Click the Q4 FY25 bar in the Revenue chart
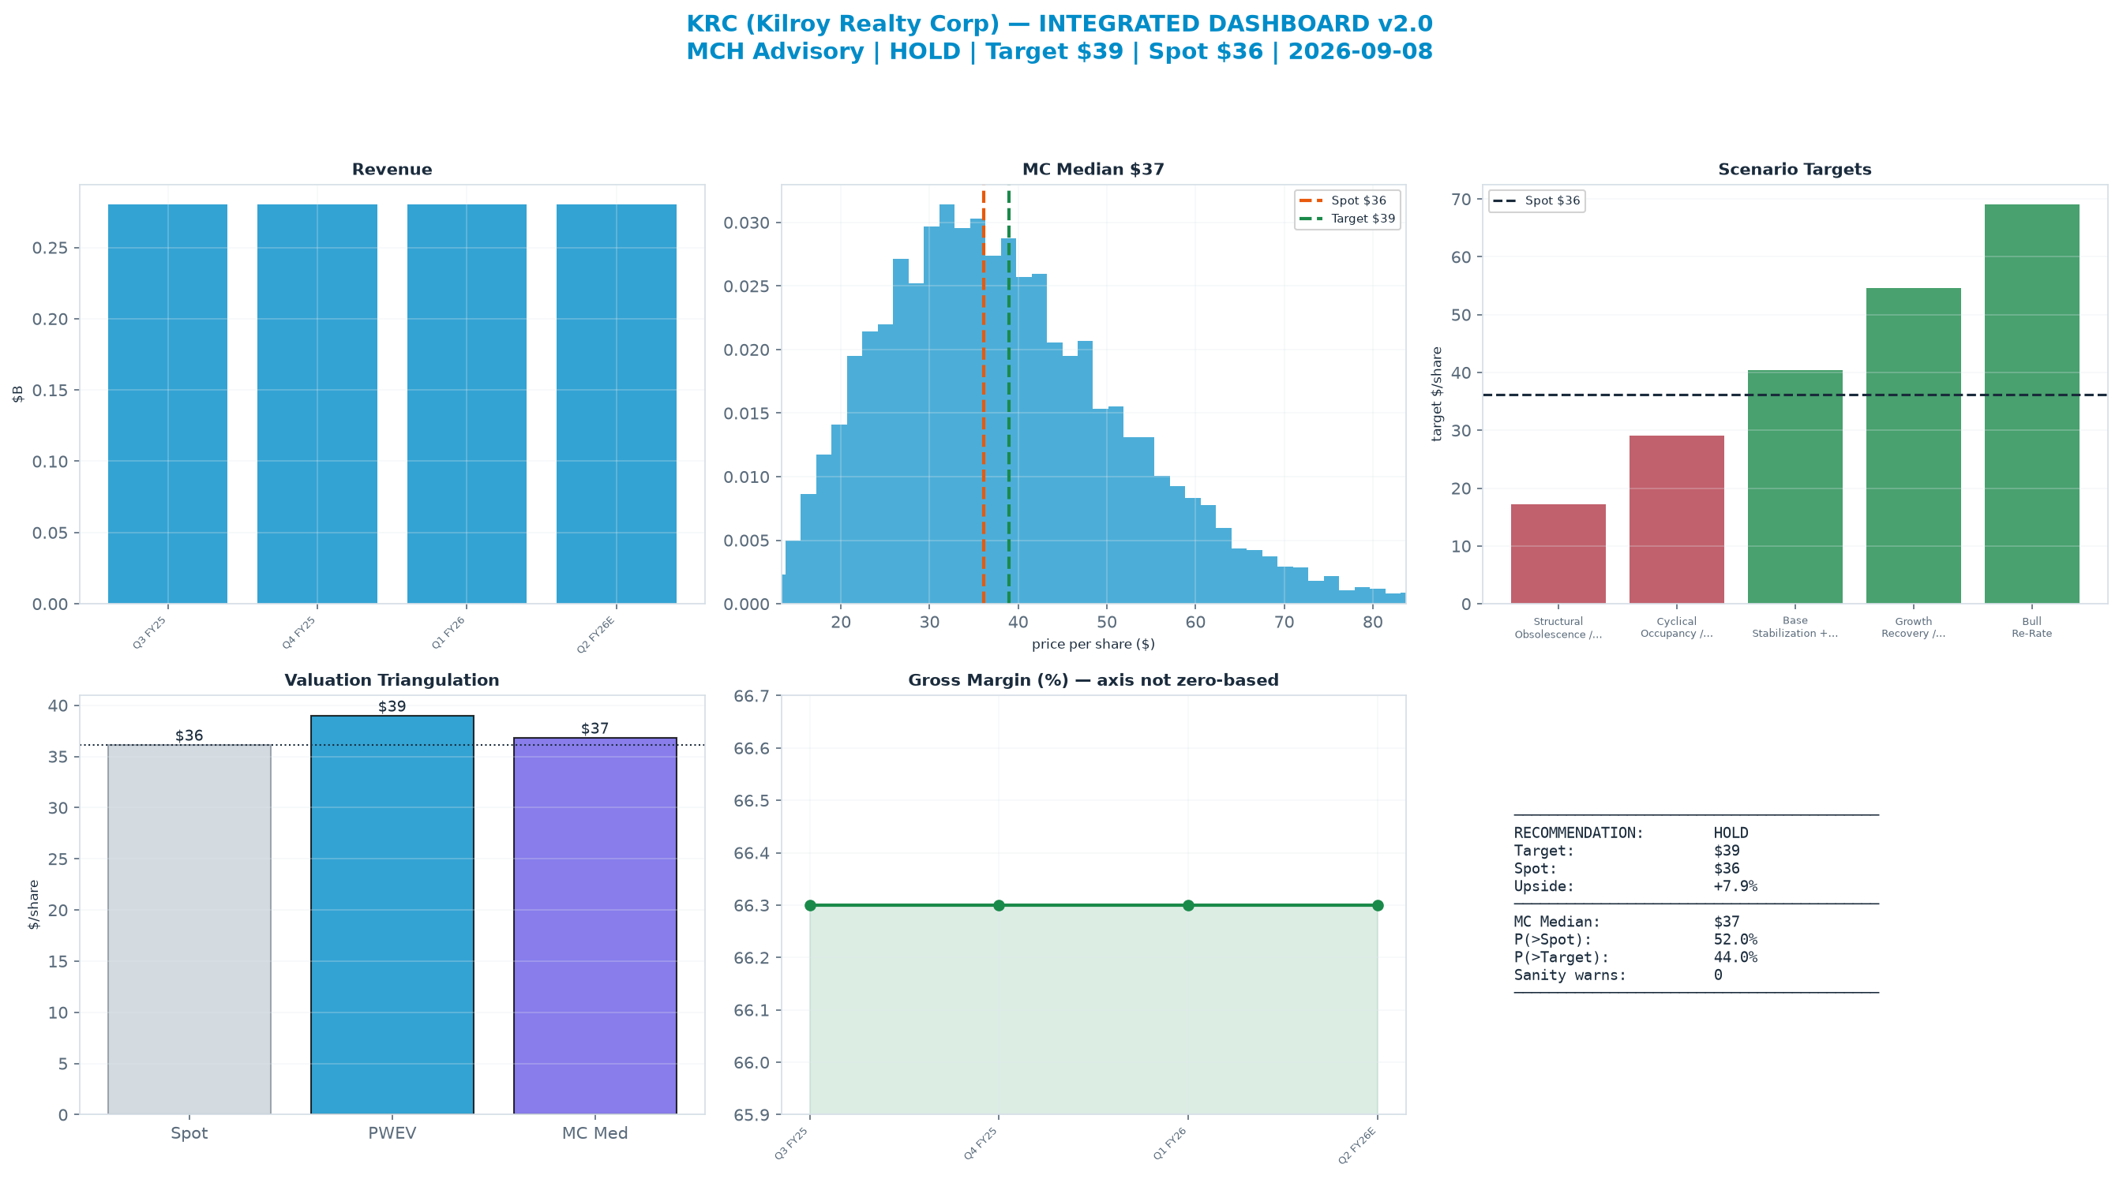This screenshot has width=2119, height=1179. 317,404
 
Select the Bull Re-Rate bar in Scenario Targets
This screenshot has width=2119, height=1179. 2032,404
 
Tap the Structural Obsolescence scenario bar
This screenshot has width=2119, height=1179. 1558,554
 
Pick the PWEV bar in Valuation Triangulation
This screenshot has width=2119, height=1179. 392,915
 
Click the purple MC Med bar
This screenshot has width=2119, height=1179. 594,926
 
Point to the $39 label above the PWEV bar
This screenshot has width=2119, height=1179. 392,706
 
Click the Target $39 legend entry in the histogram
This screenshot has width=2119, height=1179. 1348,219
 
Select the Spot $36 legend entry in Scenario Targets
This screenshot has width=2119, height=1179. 1536,200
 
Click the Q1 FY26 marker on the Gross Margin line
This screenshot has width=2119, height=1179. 1188,905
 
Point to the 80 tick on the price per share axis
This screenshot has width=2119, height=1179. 1372,623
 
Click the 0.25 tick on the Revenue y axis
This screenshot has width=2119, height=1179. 51,249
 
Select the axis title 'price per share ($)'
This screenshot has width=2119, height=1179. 1093,644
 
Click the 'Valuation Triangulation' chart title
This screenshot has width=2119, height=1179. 392,680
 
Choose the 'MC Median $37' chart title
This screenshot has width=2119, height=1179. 1093,170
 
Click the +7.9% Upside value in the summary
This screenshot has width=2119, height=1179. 1735,886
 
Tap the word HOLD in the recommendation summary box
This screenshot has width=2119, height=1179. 1731,833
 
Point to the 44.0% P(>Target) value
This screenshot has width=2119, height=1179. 1735,957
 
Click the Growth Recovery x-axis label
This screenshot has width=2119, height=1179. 1914,627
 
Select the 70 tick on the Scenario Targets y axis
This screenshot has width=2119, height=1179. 1462,199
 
